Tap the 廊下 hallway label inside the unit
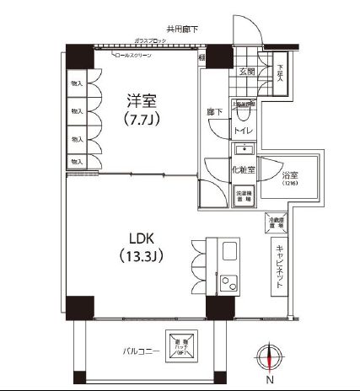point(216,110)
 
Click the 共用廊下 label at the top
point(183,29)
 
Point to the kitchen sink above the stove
point(228,251)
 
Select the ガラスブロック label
point(148,40)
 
